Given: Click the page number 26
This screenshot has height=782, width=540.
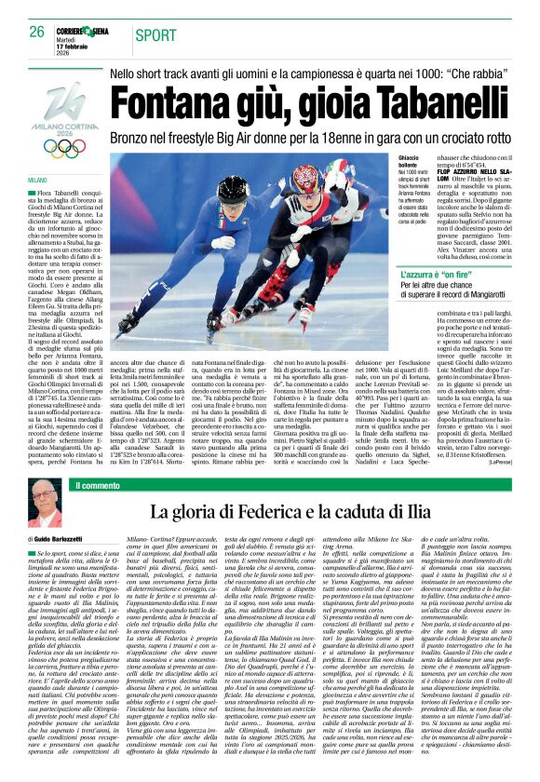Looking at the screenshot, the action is coord(36,32).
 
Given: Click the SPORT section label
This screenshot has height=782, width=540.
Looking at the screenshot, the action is coord(155,34).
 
